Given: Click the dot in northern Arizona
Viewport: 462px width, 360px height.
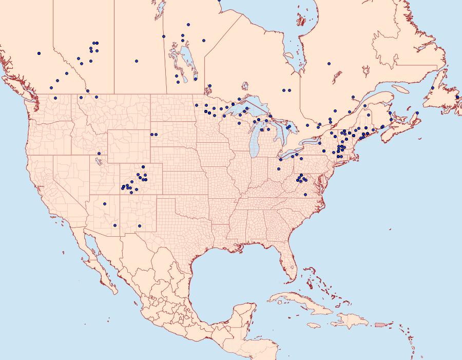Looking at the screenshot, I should pyautogui.click(x=104, y=204).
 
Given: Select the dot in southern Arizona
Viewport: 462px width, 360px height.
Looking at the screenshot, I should pyautogui.click(x=115, y=225).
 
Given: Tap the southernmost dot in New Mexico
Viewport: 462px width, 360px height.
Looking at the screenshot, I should pyautogui.click(x=140, y=226).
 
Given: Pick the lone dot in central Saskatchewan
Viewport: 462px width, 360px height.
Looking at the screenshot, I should pyautogui.click(x=137, y=61).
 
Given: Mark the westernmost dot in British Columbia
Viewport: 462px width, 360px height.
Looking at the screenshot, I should pyautogui.click(x=39, y=53).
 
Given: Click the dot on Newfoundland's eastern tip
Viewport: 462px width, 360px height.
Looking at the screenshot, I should pyautogui.click(x=457, y=97).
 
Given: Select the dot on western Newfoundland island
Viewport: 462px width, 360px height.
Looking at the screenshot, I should pyautogui.click(x=433, y=88).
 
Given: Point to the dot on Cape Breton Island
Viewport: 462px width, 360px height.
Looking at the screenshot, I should pyautogui.click(x=417, y=113).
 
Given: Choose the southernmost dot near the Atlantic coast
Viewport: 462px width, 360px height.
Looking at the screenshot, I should pyautogui.click(x=305, y=195).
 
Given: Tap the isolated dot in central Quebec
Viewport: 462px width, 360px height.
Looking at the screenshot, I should pyautogui.click(x=329, y=64).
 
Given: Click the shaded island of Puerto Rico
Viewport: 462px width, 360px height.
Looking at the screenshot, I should pyautogui.click(x=380, y=324).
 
